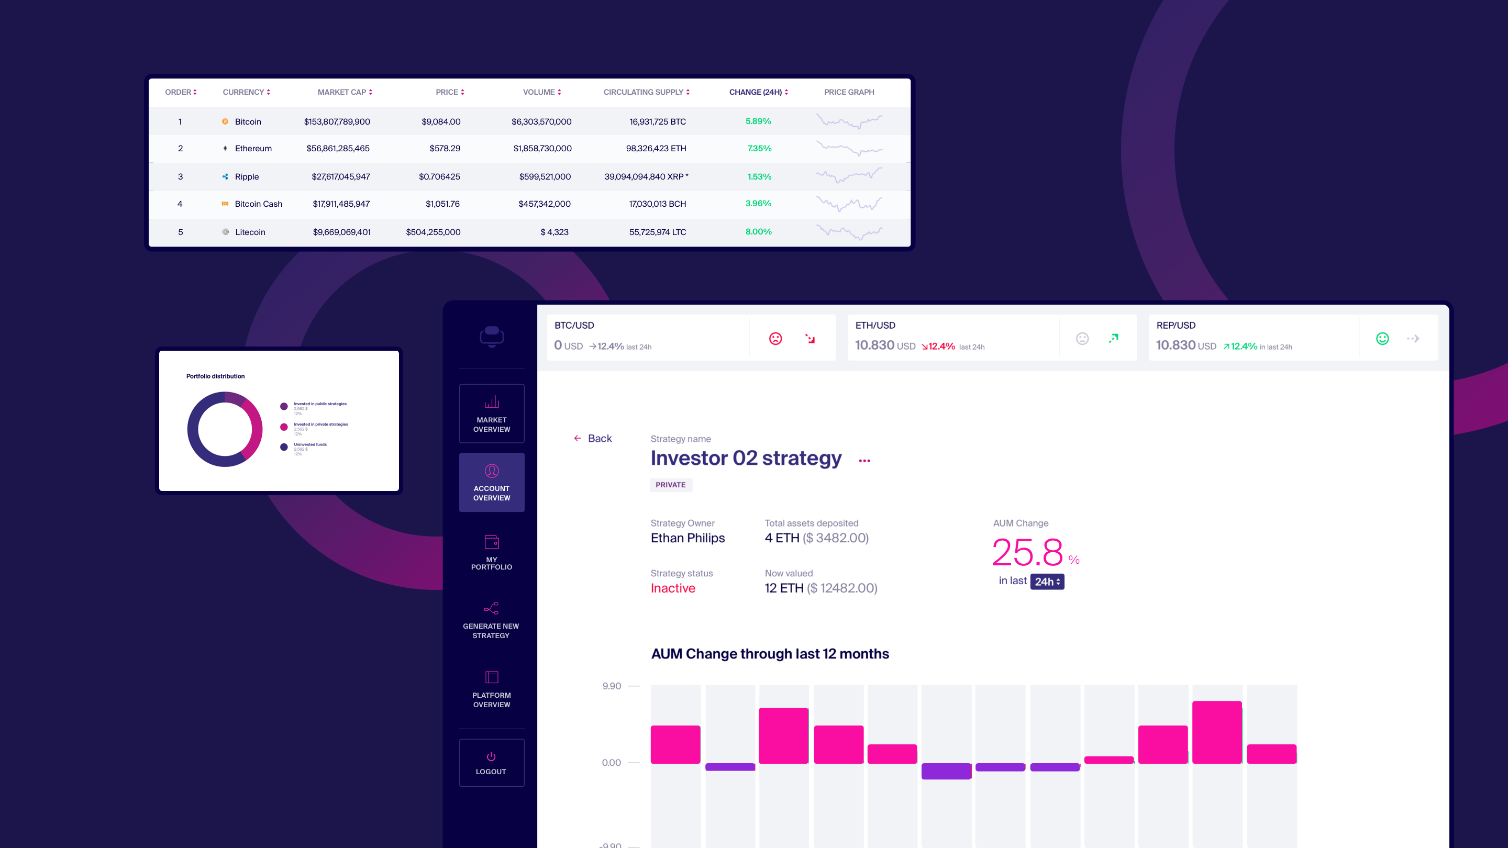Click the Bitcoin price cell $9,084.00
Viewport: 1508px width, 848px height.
click(x=441, y=122)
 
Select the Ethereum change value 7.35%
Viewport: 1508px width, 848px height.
click(x=759, y=149)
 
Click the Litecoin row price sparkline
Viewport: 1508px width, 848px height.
click(x=849, y=232)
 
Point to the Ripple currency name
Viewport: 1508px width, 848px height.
click(x=247, y=177)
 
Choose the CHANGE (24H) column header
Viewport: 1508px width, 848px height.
click(x=758, y=93)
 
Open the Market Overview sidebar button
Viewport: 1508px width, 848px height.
click(x=491, y=414)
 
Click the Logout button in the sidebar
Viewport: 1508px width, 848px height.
click(x=491, y=763)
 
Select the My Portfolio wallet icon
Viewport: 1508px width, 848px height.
click(x=491, y=542)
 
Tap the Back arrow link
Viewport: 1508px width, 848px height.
click(x=592, y=438)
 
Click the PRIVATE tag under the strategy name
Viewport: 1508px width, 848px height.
click(x=670, y=485)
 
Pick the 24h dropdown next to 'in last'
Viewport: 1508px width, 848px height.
click(x=1047, y=582)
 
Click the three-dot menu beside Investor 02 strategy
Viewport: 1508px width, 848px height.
click(x=864, y=461)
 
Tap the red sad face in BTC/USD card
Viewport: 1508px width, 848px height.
click(x=775, y=339)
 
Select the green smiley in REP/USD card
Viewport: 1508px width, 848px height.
click(x=1382, y=339)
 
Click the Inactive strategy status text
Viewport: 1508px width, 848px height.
click(x=673, y=588)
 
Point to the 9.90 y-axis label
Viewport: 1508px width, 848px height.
click(x=611, y=686)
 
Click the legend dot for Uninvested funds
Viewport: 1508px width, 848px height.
click(x=284, y=447)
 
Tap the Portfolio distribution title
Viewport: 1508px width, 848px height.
click(x=215, y=376)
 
